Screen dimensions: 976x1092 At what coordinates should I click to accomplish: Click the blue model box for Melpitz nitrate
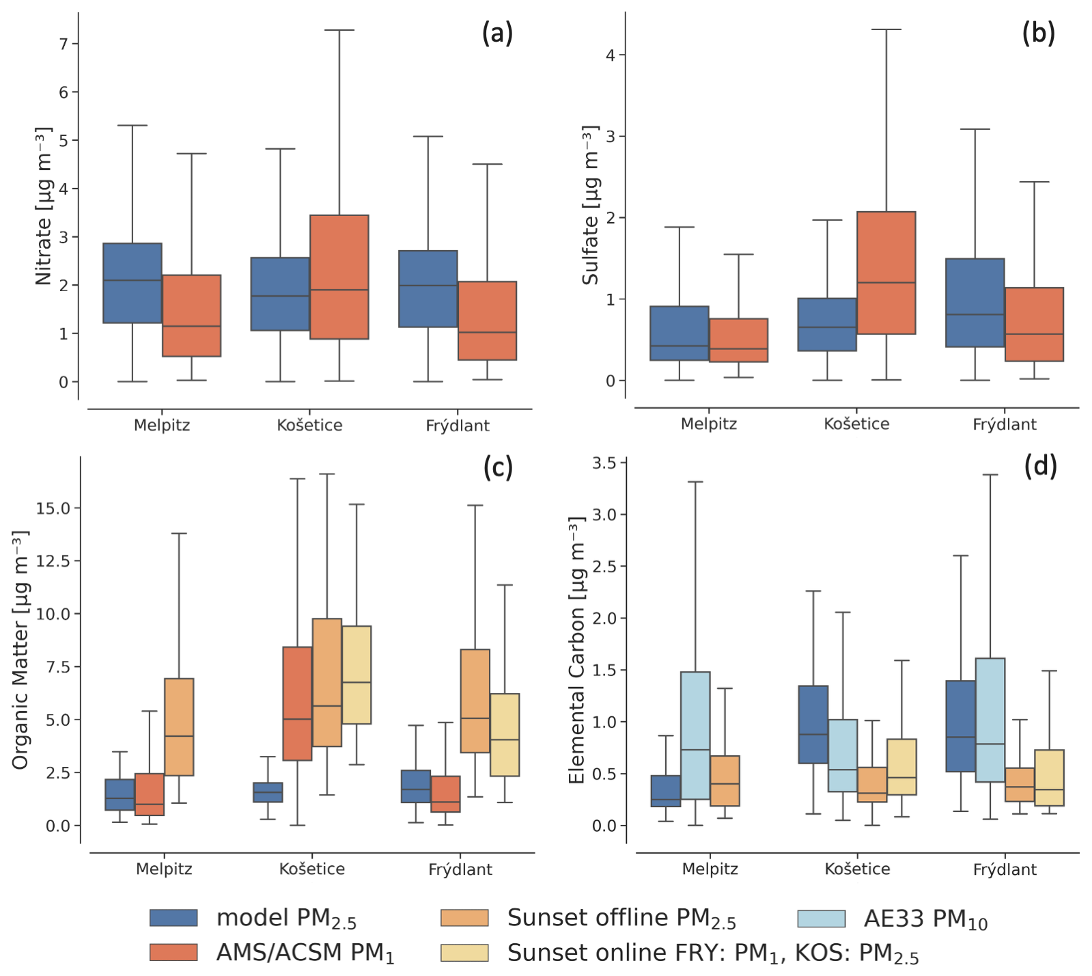tap(132, 283)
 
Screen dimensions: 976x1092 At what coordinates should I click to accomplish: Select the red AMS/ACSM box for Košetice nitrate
tap(339, 277)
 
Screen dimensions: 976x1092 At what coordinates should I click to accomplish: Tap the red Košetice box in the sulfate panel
tap(886, 273)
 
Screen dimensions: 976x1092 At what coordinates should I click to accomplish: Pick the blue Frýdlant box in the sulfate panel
tap(975, 303)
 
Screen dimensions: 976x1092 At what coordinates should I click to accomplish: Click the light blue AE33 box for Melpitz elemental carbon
tap(695, 735)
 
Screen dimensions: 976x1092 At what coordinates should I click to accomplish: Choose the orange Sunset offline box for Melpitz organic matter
tap(179, 727)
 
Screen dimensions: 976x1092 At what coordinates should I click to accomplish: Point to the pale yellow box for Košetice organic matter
tap(356, 675)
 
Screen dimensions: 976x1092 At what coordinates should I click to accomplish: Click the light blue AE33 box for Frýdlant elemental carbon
tap(990, 720)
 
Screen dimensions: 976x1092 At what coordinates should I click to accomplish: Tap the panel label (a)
tap(497, 33)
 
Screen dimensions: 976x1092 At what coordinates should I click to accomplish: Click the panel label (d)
tap(1040, 466)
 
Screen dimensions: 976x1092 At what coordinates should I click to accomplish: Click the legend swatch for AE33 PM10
tap(821, 918)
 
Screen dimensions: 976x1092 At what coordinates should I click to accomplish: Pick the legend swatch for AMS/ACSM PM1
tap(173, 952)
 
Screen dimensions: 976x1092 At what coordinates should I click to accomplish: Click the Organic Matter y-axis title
tap(20, 649)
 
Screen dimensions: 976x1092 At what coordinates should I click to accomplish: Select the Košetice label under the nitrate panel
tap(309, 425)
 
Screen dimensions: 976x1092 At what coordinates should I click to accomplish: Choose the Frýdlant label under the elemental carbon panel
tap(1005, 869)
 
